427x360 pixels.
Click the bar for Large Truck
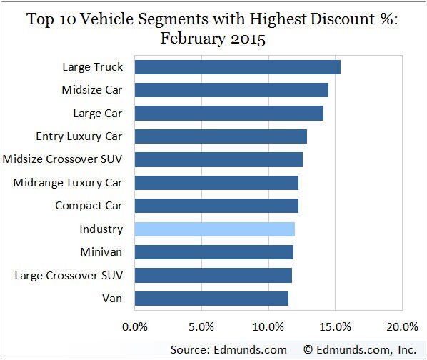[x=237, y=67]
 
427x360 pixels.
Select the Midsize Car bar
[x=231, y=90]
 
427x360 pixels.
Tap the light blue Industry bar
[x=214, y=229]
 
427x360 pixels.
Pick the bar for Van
[x=211, y=299]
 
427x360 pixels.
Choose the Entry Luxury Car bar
[x=221, y=136]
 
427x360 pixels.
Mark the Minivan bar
[x=213, y=252]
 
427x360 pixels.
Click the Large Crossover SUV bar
[x=213, y=276]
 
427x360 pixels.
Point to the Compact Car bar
[x=216, y=206]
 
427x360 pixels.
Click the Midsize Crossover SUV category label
[x=64, y=159]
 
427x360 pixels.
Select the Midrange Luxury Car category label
[x=68, y=183]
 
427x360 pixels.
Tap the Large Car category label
[x=98, y=113]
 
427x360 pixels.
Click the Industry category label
[x=101, y=229]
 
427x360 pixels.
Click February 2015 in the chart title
[x=213, y=39]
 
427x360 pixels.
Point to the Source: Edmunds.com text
[x=228, y=349]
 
